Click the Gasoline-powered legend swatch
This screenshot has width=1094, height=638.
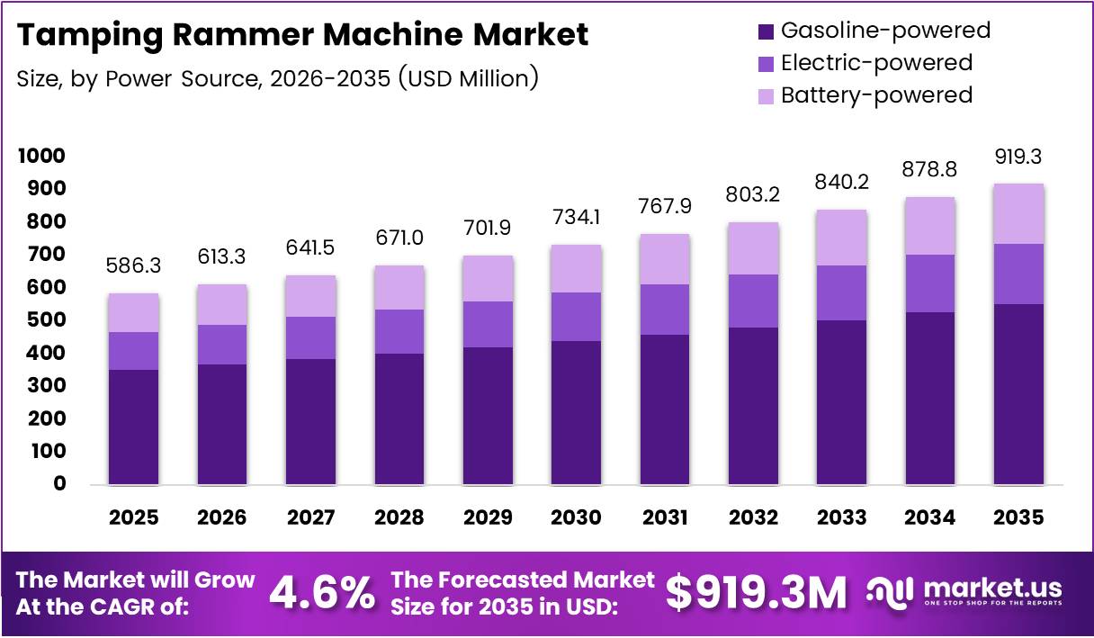765,31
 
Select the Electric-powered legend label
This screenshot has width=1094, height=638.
876,63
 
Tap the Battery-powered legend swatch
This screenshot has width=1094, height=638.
765,94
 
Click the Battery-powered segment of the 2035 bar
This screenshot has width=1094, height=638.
1019,213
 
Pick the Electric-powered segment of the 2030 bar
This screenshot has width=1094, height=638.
576,317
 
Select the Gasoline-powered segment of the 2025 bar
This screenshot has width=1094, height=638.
133,427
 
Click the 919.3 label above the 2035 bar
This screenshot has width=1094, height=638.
1019,157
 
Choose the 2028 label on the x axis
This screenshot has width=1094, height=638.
399,517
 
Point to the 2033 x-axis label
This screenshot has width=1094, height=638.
842,517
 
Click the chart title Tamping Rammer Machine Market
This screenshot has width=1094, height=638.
302,34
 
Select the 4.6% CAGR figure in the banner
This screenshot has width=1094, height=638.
322,593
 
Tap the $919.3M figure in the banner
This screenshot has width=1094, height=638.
756,593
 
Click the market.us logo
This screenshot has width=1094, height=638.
964,592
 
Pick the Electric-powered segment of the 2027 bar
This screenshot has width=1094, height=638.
310,337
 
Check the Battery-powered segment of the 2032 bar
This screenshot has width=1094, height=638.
753,248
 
